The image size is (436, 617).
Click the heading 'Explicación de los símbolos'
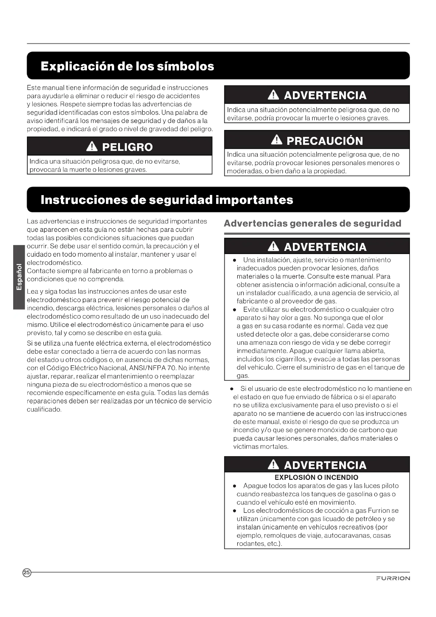pos(127,66)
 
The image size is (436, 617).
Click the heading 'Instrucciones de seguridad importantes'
pos(167,200)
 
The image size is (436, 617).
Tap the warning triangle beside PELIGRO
pos(92,146)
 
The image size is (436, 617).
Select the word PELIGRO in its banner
pos(127,147)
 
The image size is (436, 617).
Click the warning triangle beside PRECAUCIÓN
pos(277,140)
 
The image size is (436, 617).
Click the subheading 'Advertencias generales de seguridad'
pos(313,223)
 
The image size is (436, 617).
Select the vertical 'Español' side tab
pos(19,277)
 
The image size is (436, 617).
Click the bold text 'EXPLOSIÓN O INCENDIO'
pos(316,477)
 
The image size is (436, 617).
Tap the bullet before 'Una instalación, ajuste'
pos(234,260)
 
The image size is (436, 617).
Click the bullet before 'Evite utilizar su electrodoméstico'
pos(234,310)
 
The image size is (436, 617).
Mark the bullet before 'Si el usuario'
pos(232,389)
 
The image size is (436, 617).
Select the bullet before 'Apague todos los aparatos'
pos(234,486)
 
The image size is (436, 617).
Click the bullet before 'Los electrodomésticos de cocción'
pos(234,511)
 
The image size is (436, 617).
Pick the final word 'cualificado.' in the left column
pos(44,409)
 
